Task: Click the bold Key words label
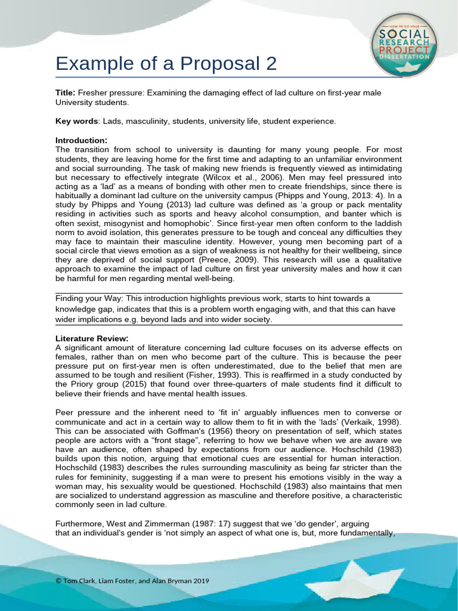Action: pos(76,121)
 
